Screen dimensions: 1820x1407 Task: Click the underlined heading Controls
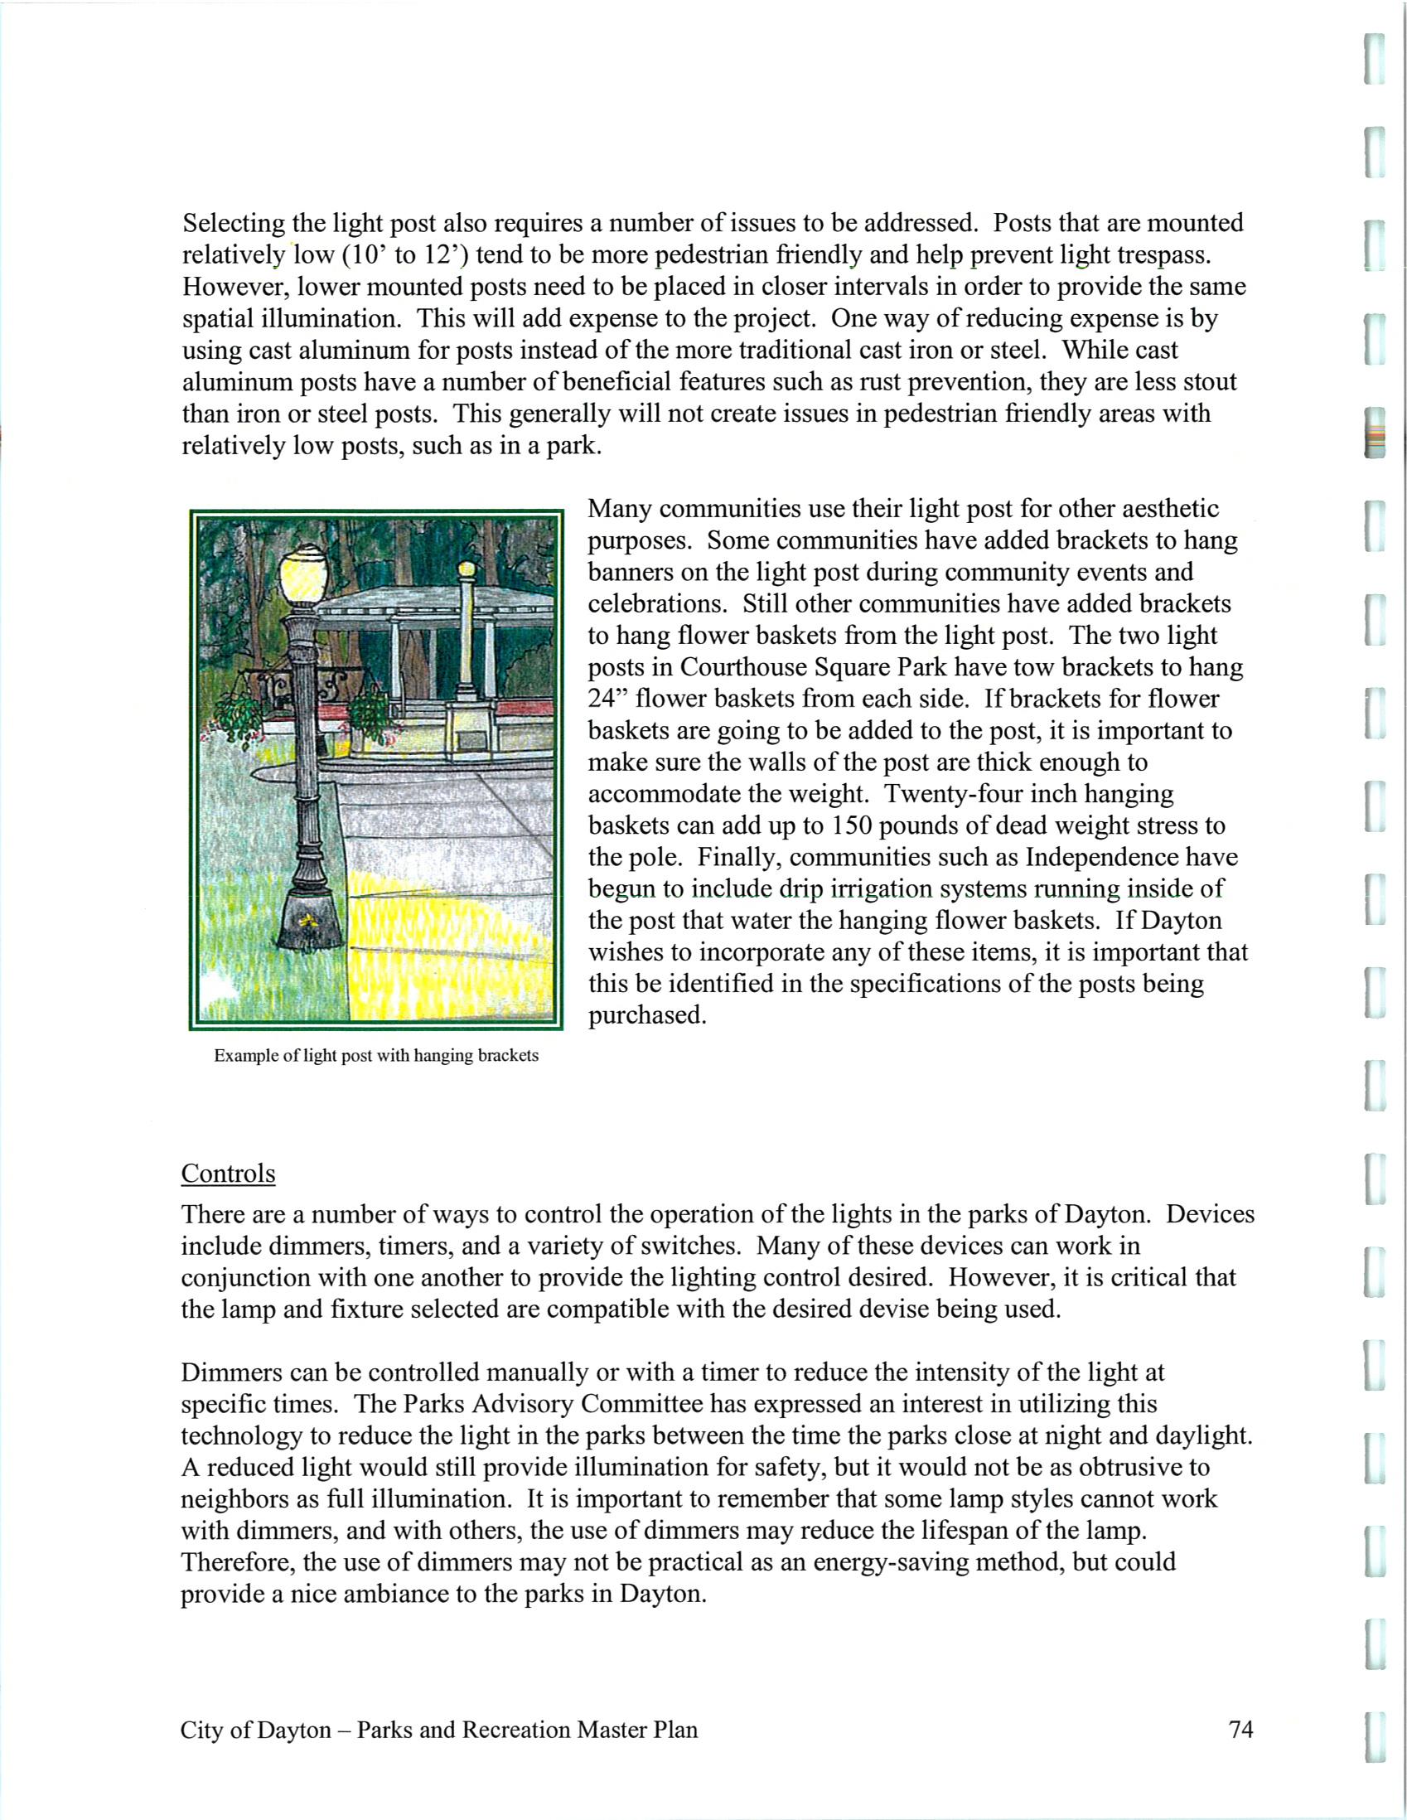(x=227, y=1174)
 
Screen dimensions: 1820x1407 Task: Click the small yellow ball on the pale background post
(x=467, y=571)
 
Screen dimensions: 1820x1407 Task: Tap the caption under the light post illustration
(x=375, y=1056)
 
